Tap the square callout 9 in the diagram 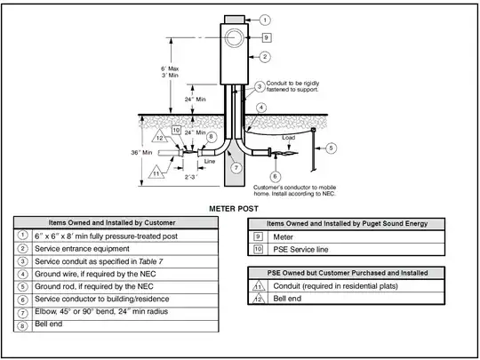266,38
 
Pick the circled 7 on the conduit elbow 236,167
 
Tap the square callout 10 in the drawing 177,130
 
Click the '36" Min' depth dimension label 143,153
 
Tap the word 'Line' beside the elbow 211,161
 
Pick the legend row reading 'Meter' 285,236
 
